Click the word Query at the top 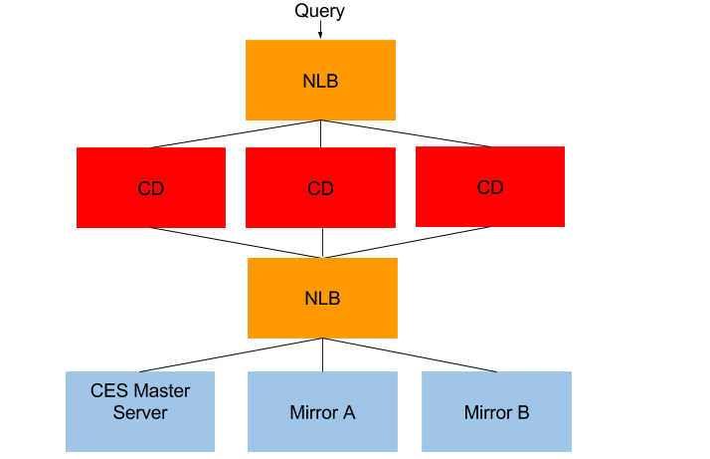[x=319, y=11]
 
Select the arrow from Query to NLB [x=320, y=30]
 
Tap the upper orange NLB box [x=320, y=81]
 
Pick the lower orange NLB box [x=322, y=298]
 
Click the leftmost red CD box [x=151, y=187]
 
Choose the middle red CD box [x=320, y=187]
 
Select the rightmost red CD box [x=490, y=186]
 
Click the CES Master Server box [x=140, y=411]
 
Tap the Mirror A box [x=322, y=411]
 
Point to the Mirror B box [x=496, y=411]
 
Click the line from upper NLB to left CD [x=235, y=133]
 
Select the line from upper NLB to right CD [x=406, y=133]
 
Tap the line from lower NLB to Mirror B [x=410, y=354]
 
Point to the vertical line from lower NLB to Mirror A [x=322, y=355]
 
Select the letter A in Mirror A [x=349, y=412]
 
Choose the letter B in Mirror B [x=523, y=412]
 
